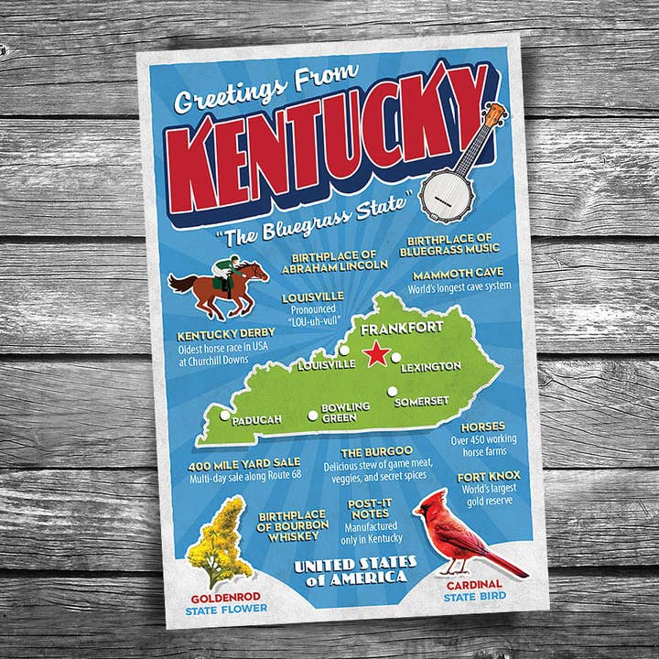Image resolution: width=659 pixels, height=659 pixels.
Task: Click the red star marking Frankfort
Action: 375,352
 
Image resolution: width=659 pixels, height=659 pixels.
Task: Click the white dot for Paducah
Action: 225,416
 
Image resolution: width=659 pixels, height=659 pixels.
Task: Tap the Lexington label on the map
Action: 431,366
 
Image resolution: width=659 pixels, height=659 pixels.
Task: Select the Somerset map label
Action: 422,401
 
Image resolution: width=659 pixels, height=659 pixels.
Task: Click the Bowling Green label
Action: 346,413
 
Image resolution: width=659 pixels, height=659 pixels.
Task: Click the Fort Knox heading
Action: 488,475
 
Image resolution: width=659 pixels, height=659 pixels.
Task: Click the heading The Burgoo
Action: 376,452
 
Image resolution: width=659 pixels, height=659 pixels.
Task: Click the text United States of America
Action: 354,569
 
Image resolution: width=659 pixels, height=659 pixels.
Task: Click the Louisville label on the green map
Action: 327,364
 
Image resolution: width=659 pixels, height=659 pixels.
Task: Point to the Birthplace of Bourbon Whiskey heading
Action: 291,525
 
